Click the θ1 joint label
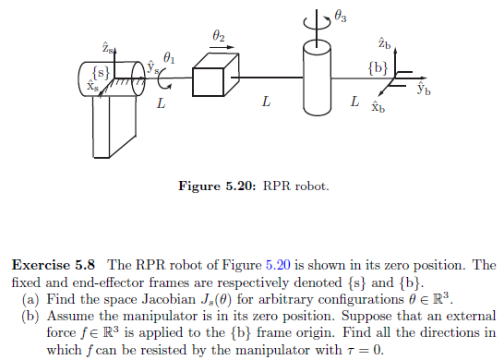point(168,56)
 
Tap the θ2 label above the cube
point(217,36)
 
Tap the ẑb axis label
point(384,43)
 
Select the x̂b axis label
point(377,107)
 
